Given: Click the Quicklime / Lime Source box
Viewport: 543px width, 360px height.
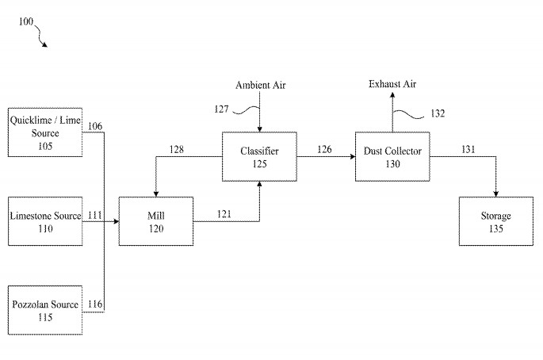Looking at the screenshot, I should point(44,132).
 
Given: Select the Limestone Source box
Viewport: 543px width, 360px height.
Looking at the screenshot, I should point(44,222).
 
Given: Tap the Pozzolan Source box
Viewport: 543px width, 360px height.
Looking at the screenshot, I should point(44,310).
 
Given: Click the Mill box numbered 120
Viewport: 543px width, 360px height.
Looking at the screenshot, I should point(155,222).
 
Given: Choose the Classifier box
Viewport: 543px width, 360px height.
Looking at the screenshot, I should point(260,156).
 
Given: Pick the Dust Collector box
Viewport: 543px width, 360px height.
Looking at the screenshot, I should point(392,156).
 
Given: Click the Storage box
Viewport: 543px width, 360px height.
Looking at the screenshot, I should point(496,222).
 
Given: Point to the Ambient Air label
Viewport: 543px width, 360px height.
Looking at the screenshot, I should point(260,85).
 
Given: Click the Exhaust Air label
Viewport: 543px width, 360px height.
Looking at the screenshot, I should point(392,84).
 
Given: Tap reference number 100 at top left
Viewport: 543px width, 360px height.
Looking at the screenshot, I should point(25,22).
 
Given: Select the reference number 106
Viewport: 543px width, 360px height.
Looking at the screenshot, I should point(95,126).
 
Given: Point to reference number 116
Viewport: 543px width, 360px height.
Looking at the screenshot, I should point(95,304).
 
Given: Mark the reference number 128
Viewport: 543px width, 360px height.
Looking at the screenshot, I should point(176,150).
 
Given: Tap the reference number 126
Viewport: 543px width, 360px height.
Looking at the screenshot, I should point(324,149).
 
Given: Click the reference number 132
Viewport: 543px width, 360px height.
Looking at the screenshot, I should point(437,114).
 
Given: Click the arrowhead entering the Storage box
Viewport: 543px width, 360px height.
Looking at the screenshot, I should point(496,196).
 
